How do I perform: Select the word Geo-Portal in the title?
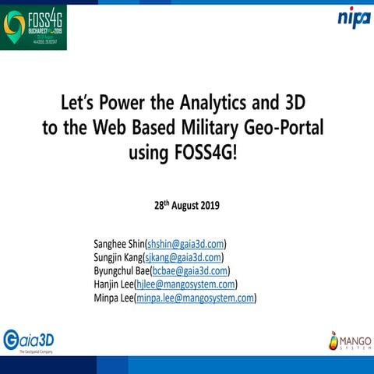point(288,128)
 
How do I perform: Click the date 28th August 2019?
point(187,206)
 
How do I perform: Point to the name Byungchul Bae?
point(121,270)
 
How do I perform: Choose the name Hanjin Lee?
point(113,284)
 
